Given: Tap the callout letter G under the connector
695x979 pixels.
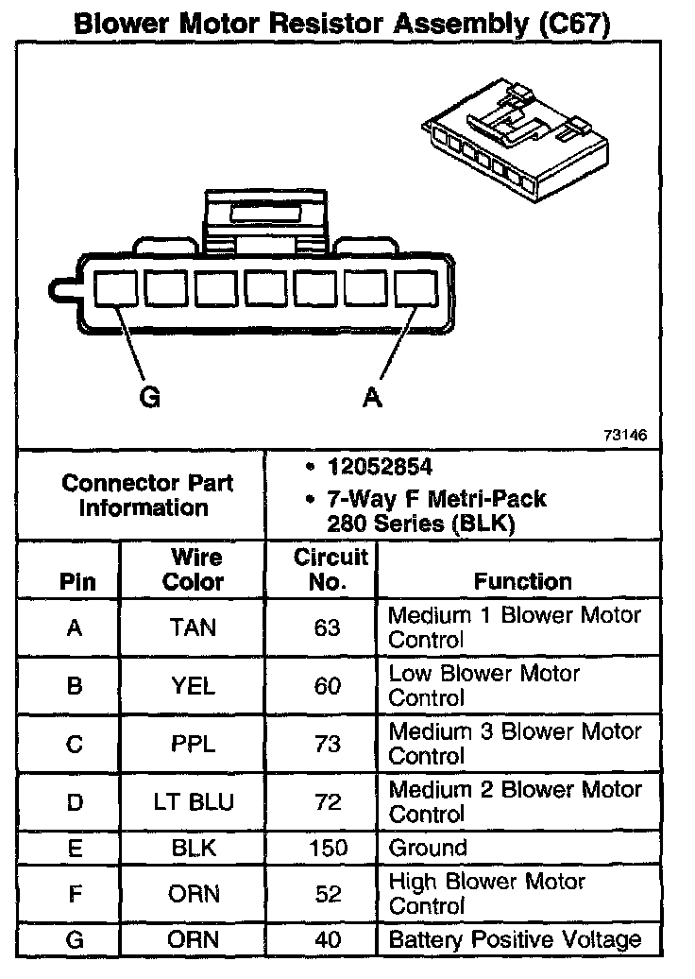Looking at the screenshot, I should (x=149, y=398).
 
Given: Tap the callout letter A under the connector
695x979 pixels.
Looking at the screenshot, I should (x=373, y=398).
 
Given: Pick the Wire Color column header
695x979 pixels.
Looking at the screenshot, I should (x=194, y=569).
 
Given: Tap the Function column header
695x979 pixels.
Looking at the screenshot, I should (x=523, y=581).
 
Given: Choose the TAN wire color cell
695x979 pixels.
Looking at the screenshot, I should (x=194, y=627).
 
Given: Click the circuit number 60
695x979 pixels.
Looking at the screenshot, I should (x=327, y=686).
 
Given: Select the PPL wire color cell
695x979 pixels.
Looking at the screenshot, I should (x=194, y=744).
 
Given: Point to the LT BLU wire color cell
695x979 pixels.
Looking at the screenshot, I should (x=194, y=802).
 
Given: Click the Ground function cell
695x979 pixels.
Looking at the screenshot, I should (x=428, y=848).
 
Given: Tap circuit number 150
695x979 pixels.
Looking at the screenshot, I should (x=327, y=848).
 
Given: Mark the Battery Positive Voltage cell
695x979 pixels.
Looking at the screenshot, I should (x=515, y=939).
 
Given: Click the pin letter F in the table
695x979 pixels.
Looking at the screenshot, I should (x=75, y=893).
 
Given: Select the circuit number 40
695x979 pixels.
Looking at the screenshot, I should (x=327, y=939).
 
